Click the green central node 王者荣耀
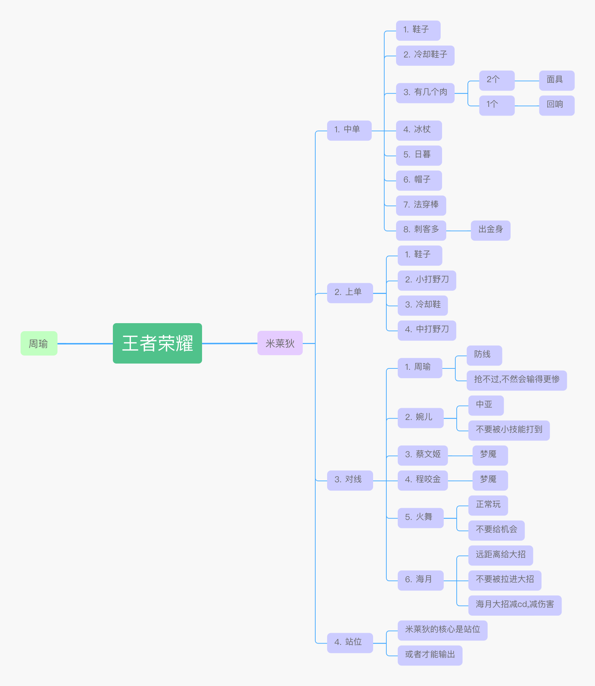(x=157, y=343)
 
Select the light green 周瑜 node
(x=39, y=343)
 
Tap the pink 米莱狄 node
(x=280, y=343)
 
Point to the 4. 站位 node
(x=350, y=643)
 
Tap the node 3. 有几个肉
(x=425, y=93)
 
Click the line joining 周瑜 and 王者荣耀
(x=85, y=344)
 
